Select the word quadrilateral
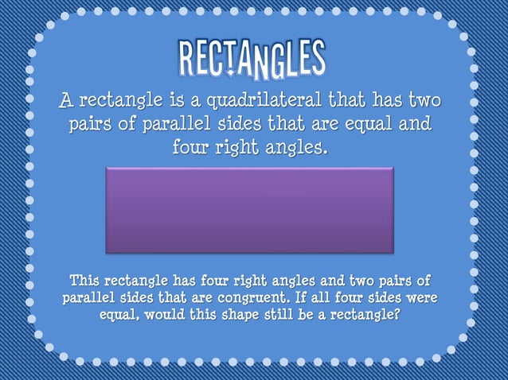[x=274, y=103]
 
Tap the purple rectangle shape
[x=249, y=209]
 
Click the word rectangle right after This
[x=140, y=281]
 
